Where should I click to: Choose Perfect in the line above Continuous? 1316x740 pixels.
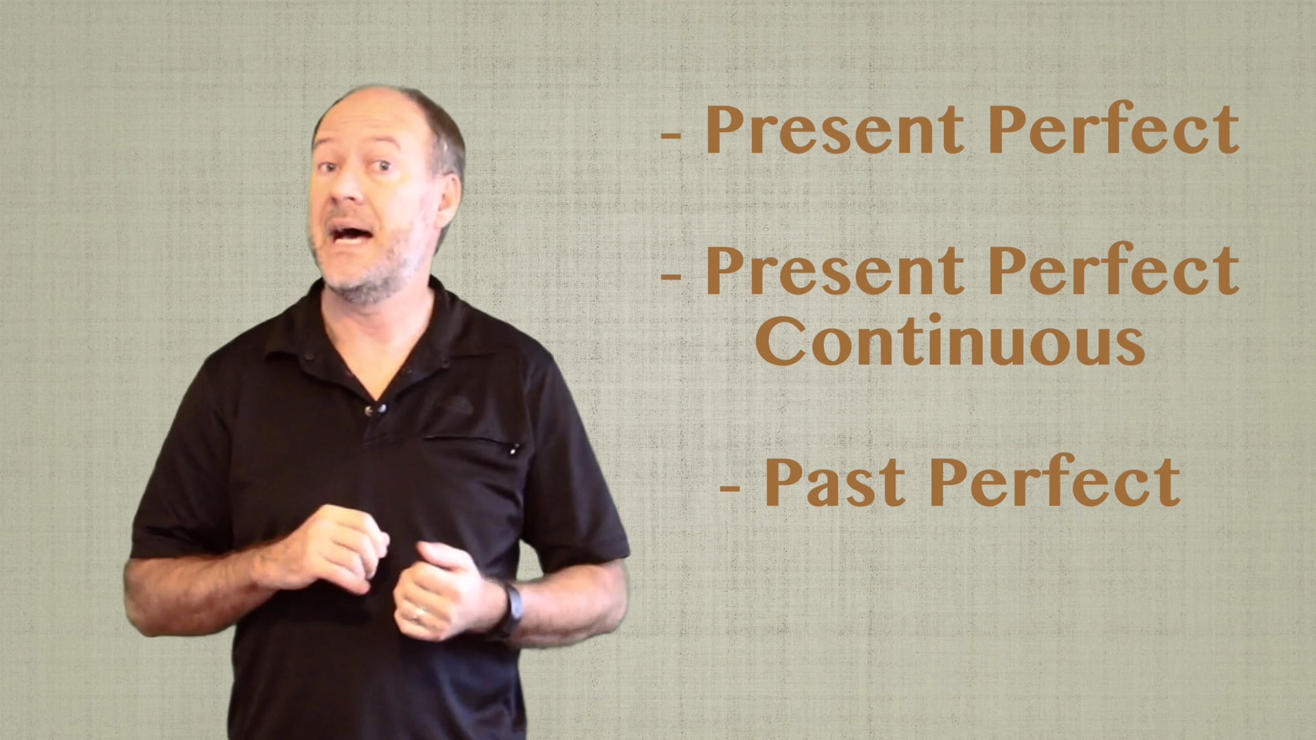[1113, 270]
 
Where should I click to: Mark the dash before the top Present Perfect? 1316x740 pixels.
[672, 136]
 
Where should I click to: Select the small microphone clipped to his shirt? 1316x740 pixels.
[374, 410]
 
